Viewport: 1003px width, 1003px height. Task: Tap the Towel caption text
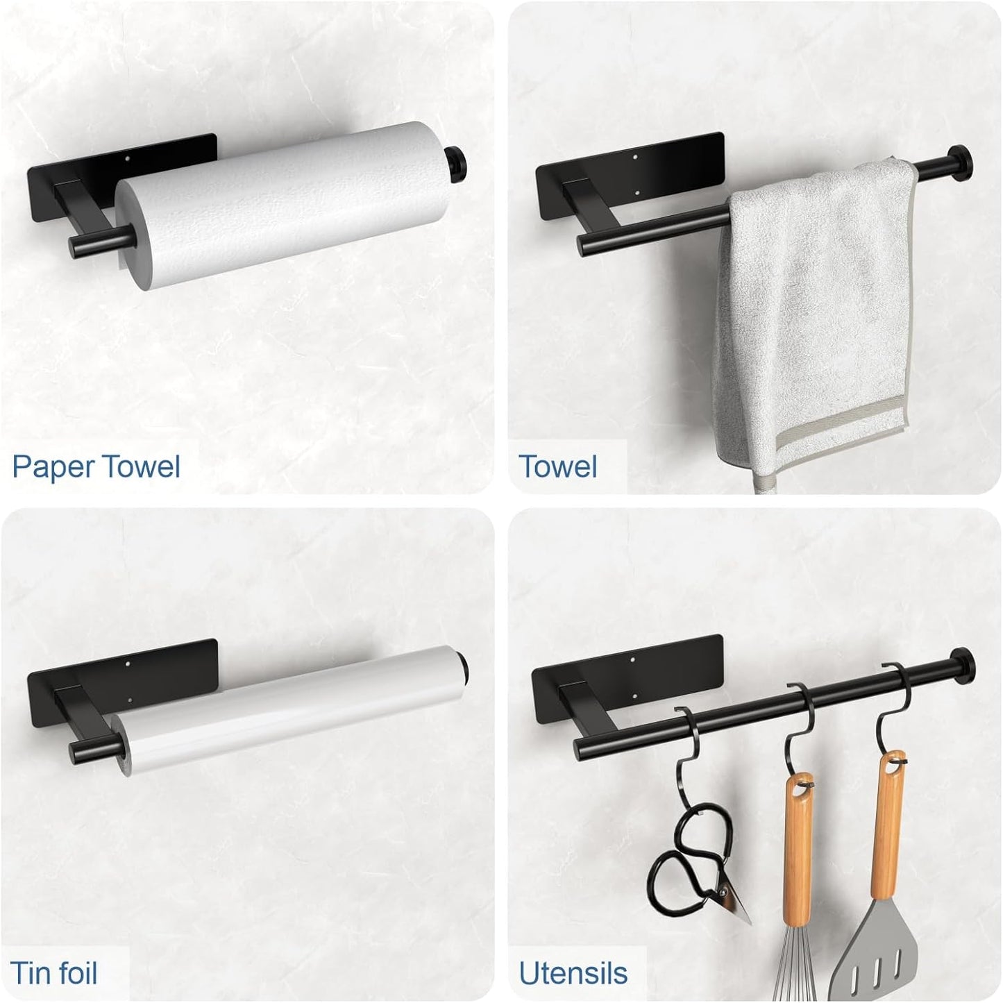(557, 466)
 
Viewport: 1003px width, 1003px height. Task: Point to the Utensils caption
(573, 973)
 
